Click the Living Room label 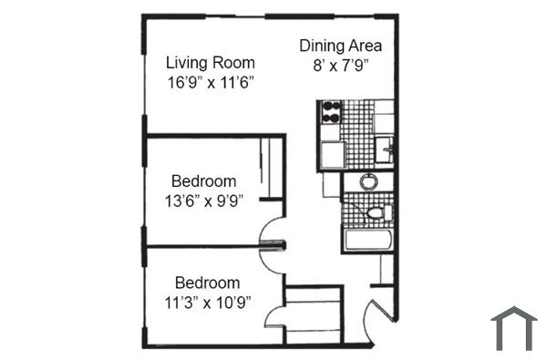210,63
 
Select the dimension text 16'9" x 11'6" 210,82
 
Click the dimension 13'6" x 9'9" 204,201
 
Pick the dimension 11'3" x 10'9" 208,302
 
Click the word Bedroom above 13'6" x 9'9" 204,181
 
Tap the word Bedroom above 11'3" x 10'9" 208,283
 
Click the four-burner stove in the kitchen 329,113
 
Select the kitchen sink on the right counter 387,146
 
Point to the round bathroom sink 368,181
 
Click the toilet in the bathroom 377,214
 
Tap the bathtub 367,242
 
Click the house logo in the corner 513,328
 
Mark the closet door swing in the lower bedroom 274,318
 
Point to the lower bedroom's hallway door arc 272,258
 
